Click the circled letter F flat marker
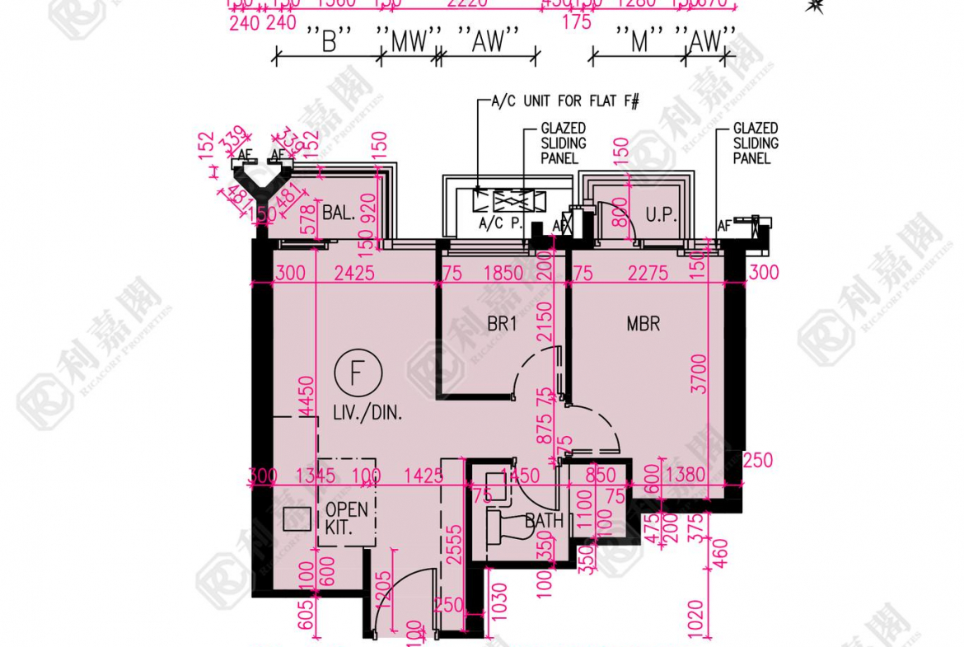357,373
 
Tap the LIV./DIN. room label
368,412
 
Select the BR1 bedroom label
502,325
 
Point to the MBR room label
643,324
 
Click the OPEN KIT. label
346,518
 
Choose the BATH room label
545,521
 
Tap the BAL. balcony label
339,213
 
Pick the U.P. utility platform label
660,216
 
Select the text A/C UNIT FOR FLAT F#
565,102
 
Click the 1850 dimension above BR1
503,273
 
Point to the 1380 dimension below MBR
686,475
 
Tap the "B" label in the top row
329,43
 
